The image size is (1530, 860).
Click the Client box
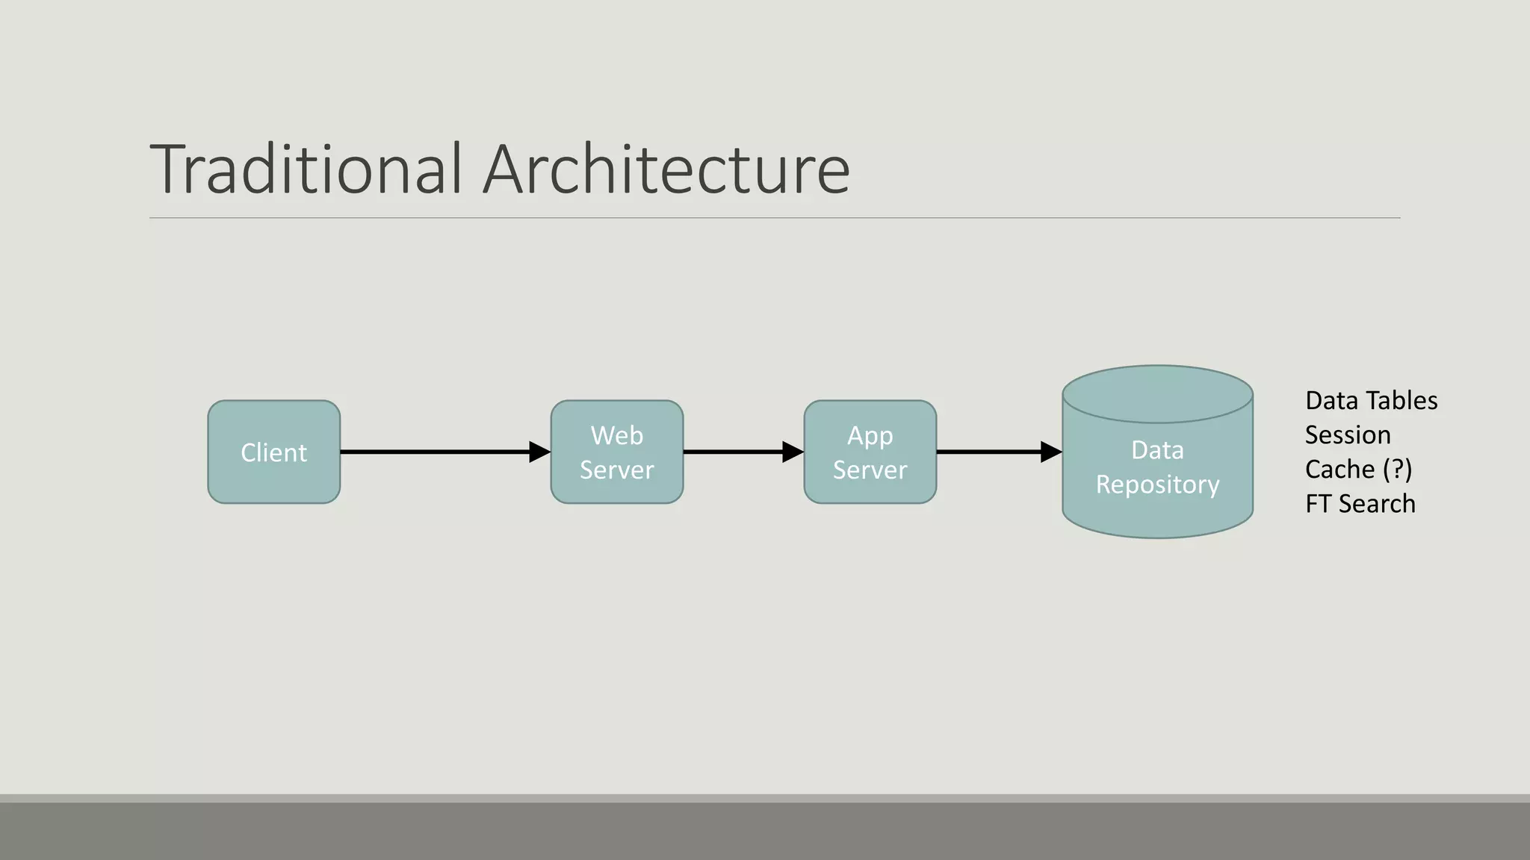273,452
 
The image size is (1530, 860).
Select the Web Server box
616,452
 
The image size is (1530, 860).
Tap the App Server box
870,452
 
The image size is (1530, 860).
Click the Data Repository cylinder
1157,467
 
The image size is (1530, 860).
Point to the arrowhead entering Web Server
539,452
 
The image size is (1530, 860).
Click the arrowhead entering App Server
793,452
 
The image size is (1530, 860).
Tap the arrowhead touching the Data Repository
1051,452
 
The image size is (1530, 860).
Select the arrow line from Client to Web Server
433,452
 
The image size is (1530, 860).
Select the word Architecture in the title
666,169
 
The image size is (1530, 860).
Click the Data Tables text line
1371,401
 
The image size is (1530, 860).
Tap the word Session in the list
1348,435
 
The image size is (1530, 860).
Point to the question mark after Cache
1398,470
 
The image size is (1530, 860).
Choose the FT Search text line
1360,504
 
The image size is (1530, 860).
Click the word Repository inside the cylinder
1157,485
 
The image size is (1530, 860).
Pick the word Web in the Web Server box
616,435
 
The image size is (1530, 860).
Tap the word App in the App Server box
870,435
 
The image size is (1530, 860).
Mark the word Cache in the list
1339,470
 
